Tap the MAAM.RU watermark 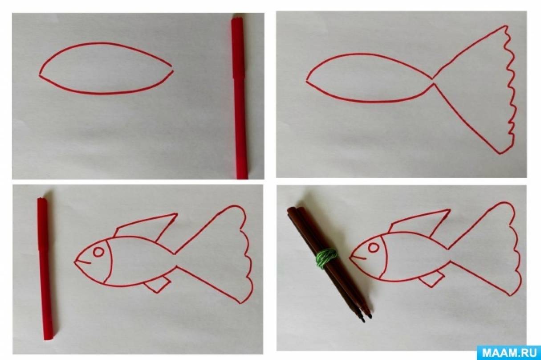(509, 352)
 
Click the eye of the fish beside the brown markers (374, 248)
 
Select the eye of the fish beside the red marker (98, 252)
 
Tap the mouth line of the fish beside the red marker (83, 262)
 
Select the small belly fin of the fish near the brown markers (431, 281)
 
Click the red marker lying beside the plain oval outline (239, 98)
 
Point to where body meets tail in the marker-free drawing (433, 81)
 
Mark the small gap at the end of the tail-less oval (172, 68)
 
